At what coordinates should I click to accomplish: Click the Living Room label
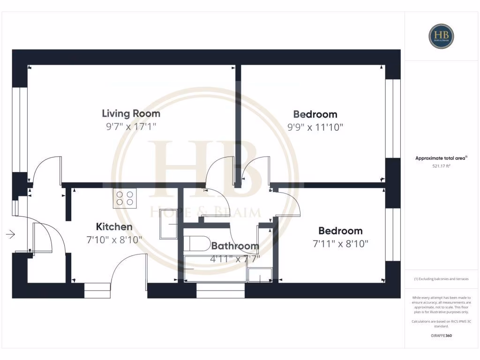coord(131,113)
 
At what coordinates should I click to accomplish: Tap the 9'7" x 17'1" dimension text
coord(131,126)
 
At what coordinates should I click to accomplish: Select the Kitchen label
coord(114,227)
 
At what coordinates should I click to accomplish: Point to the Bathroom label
coord(235,246)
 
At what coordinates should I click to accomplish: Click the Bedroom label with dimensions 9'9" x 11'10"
coord(315,114)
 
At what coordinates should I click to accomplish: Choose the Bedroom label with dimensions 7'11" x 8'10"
coord(340,231)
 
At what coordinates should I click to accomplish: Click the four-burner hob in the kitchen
coord(125,198)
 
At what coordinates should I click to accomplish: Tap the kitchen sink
coord(168,229)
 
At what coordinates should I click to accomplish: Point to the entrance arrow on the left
coord(10,234)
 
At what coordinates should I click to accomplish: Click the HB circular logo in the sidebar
coord(441,36)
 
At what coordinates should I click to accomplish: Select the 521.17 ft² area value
coord(441,166)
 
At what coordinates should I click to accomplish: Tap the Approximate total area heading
coord(441,158)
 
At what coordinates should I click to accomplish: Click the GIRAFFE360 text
coord(441,336)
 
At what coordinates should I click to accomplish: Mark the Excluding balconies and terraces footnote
coord(441,279)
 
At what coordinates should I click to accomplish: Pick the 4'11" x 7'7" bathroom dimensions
coord(235,258)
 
